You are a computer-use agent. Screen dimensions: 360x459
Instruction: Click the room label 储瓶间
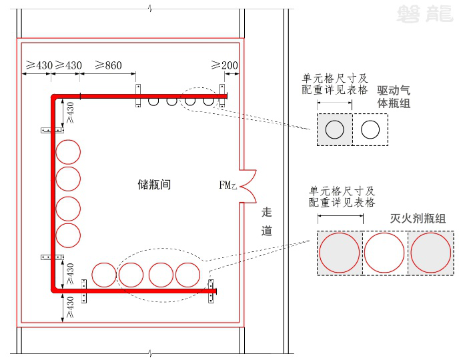154,184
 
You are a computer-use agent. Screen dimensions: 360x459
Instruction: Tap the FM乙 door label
227,185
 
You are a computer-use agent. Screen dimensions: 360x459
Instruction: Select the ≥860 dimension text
108,65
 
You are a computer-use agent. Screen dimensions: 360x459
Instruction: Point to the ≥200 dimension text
224,65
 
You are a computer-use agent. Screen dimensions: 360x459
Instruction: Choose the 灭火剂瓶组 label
418,218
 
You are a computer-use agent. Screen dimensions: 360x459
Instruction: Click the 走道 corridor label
267,221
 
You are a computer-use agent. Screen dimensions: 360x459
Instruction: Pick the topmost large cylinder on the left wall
68,152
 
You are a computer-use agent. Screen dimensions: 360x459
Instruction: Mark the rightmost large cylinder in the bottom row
188,275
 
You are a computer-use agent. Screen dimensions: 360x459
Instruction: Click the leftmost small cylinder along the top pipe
153,101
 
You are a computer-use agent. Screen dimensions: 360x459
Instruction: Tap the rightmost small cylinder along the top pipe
208,101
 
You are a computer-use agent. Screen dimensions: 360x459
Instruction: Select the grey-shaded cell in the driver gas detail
334,129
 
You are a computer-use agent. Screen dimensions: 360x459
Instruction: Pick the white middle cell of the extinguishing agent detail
384,253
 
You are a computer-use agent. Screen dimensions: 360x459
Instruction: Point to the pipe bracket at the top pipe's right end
223,95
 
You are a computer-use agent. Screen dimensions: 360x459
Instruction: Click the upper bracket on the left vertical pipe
47,130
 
